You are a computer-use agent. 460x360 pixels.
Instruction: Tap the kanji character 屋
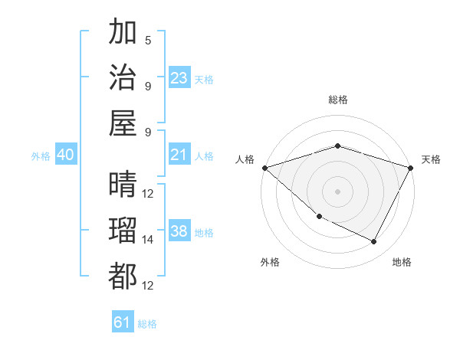coord(123,123)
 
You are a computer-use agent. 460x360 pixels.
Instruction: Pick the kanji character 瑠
coord(123,231)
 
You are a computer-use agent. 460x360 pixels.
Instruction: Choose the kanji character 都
coord(123,277)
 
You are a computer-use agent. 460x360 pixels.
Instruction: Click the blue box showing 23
coord(179,78)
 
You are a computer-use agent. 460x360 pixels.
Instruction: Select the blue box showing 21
coord(179,155)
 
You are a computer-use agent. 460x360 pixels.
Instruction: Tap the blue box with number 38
coord(179,232)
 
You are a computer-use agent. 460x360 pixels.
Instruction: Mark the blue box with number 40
coord(66,155)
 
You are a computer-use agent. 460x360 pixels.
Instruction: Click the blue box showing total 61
coord(123,322)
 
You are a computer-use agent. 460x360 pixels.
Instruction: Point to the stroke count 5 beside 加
coord(148,41)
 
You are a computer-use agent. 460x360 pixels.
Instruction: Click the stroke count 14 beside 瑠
coord(148,240)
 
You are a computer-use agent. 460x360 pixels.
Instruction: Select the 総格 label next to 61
coord(147,324)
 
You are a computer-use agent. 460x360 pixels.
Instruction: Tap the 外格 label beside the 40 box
coord(41,156)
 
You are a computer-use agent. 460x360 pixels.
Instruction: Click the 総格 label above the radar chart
coord(337,100)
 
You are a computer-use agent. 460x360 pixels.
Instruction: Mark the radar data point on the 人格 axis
coord(264,168)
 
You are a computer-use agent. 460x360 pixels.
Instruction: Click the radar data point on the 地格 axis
coord(374,241)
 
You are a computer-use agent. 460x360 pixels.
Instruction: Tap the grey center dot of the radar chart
coord(337,191)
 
